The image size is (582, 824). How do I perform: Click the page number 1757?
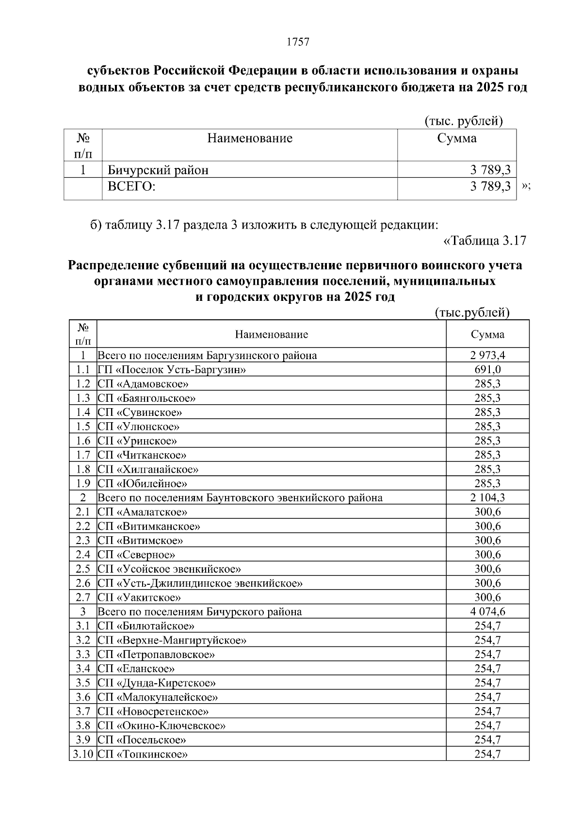[x=298, y=42]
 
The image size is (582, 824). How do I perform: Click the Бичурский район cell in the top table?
[x=158, y=170]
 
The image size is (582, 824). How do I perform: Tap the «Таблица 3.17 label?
[x=485, y=241]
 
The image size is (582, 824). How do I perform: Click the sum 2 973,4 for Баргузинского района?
[x=487, y=355]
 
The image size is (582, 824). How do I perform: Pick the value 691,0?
[x=487, y=370]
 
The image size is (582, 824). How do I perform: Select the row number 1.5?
[x=83, y=427]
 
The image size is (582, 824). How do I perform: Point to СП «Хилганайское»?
[x=148, y=469]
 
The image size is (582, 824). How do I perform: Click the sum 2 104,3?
[x=487, y=497]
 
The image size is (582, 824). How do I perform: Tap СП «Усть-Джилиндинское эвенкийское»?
[x=200, y=583]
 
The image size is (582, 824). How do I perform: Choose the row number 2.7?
[x=83, y=597]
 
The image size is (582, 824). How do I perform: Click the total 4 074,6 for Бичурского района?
[x=487, y=611]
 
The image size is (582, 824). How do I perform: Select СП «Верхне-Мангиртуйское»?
[x=172, y=640]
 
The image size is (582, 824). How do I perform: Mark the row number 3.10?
[x=82, y=754]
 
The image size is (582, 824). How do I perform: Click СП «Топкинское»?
[x=143, y=754]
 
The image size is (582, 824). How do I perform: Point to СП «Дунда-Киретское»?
[x=156, y=683]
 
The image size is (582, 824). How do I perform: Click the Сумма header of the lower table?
[x=487, y=334]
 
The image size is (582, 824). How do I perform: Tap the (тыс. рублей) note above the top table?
[x=463, y=121]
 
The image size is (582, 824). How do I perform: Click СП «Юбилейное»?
[x=142, y=483]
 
